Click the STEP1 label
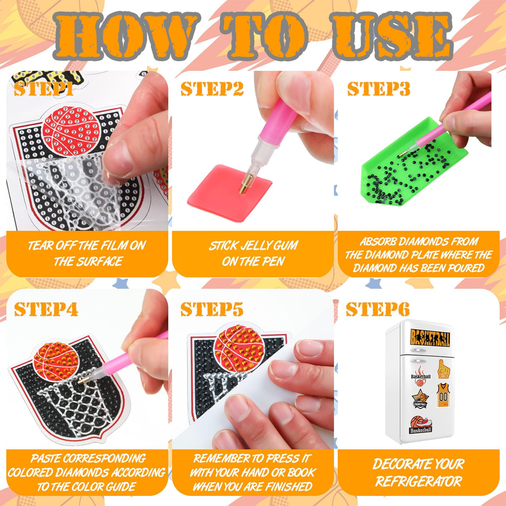[44, 89]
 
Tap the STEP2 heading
[212, 89]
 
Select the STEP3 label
[378, 89]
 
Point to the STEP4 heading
[46, 309]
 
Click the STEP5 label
[212, 309]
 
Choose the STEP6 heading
[378, 309]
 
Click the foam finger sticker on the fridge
[443, 369]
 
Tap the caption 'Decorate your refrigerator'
[418, 473]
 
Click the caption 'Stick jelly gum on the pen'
[253, 253]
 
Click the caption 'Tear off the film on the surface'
[87, 253]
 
